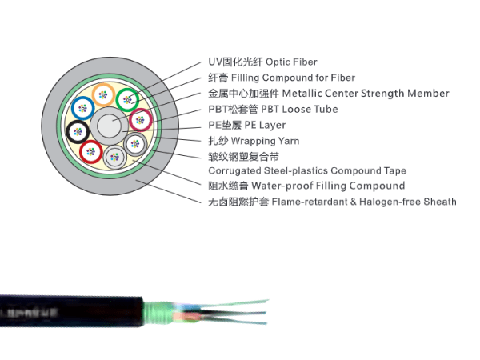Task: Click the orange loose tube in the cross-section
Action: [x=102, y=95]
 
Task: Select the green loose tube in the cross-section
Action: [x=127, y=99]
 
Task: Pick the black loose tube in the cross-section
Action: [x=77, y=132]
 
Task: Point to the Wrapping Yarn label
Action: [x=265, y=141]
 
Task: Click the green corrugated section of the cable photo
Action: [x=161, y=308]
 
